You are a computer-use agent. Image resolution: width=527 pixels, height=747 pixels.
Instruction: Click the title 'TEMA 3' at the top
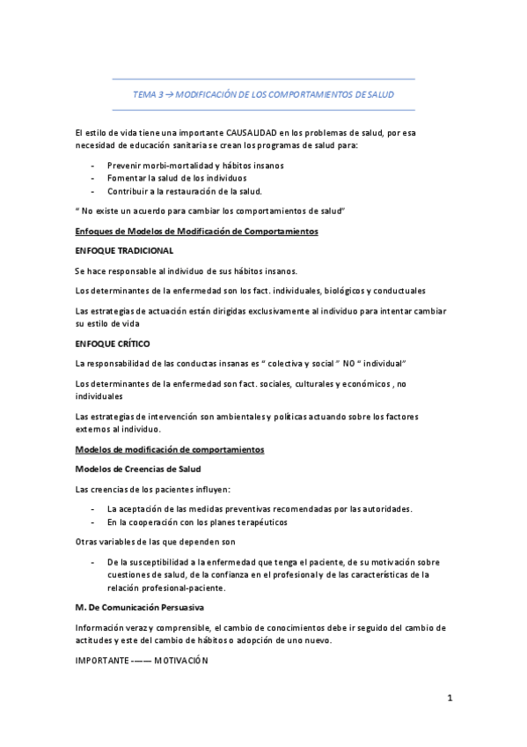tap(147, 93)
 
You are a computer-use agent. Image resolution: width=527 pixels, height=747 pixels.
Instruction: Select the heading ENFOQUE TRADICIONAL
tap(124, 251)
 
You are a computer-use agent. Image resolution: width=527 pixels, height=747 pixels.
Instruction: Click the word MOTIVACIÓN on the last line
tap(181, 661)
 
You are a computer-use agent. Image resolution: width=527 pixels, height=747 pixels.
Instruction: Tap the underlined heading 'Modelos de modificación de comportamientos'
tap(169, 449)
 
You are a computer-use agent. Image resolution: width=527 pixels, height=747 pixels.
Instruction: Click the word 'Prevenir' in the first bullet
tap(124, 165)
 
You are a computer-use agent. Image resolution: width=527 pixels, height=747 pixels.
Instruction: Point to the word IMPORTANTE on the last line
tap(102, 661)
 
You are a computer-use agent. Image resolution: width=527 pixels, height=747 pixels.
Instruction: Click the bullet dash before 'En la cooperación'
tap(92, 522)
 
